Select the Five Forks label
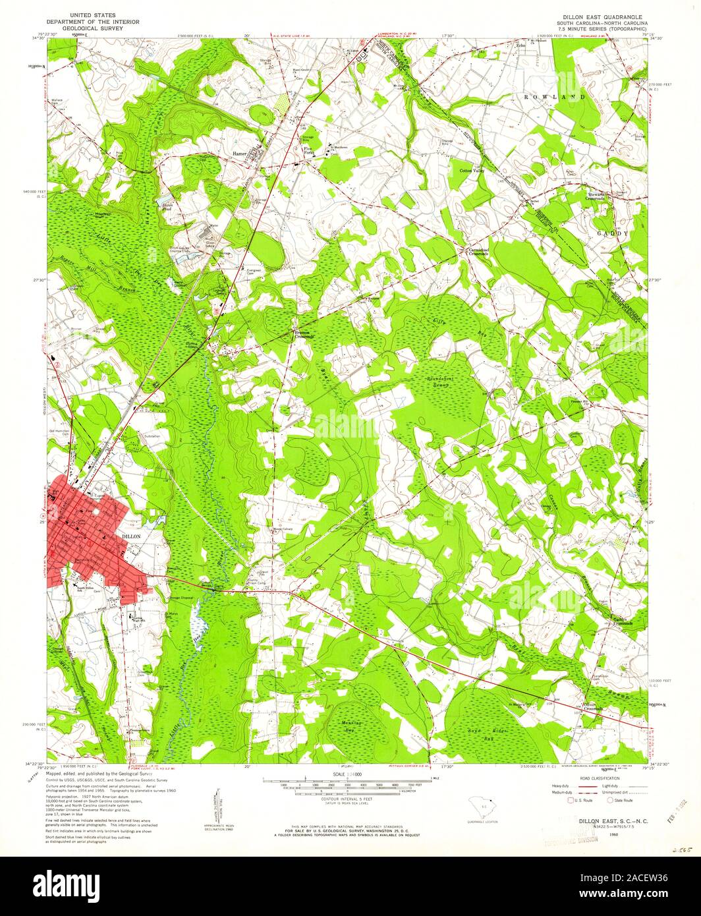coord(308,152)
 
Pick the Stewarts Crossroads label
coord(600,197)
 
